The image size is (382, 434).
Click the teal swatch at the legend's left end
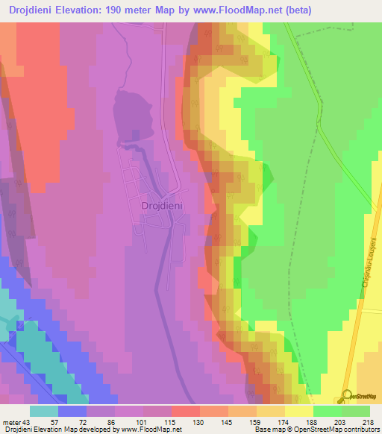pos(44,411)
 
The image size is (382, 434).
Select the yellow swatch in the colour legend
pos(298,411)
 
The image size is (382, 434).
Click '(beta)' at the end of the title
pos(296,10)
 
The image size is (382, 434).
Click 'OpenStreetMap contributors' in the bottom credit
pos(339,429)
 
